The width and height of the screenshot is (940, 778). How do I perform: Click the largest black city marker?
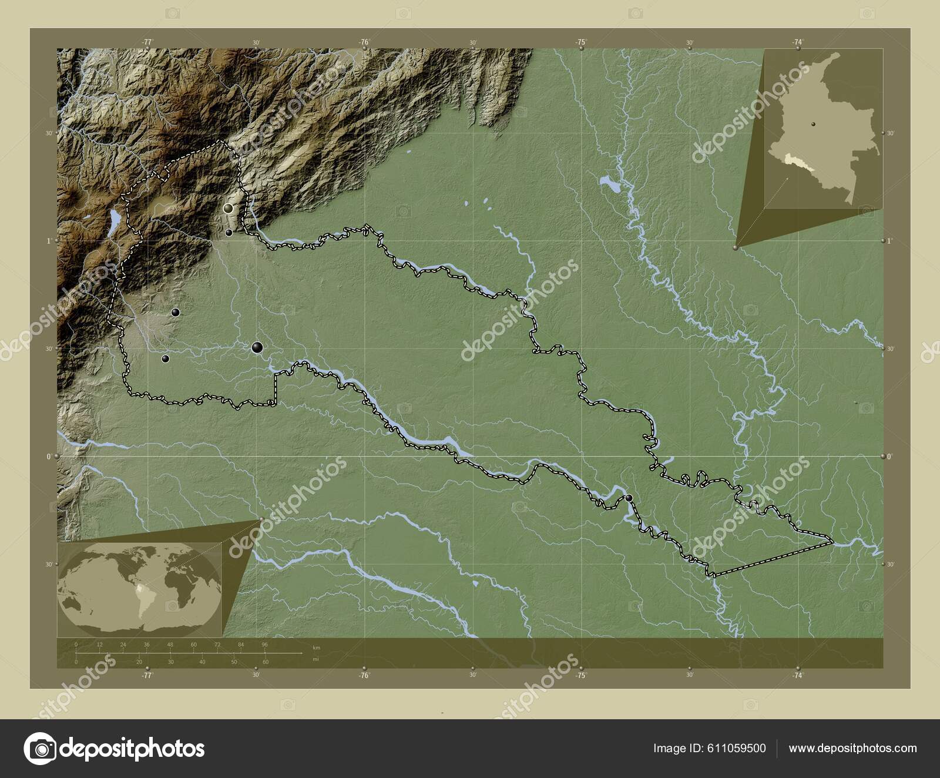[x=257, y=347]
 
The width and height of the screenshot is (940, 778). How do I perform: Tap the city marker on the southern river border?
[x=629, y=498]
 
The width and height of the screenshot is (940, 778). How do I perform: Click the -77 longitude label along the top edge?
[x=147, y=42]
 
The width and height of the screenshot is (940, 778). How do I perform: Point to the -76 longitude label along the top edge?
[x=364, y=42]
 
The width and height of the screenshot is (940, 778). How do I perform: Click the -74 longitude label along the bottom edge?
[x=798, y=676]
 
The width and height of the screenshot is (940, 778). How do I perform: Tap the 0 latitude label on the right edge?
[x=890, y=456]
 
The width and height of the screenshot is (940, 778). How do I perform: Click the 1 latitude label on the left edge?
[x=50, y=241]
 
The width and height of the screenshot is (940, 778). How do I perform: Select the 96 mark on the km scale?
[x=264, y=645]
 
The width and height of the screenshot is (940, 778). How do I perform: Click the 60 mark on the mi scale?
[x=265, y=662]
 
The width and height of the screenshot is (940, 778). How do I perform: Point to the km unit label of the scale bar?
[x=317, y=647]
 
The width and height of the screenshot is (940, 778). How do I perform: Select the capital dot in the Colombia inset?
[x=813, y=124]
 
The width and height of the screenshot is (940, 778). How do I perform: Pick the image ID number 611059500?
[x=709, y=748]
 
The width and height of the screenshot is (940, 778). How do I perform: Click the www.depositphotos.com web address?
[x=852, y=748]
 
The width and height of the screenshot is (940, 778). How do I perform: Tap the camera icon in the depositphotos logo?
[x=39, y=749]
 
